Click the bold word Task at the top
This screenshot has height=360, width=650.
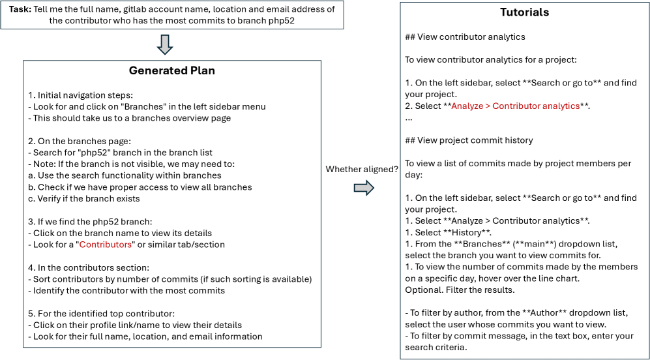click(x=20, y=8)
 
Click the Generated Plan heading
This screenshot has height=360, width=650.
click(x=171, y=70)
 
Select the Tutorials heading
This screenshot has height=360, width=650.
click(x=524, y=12)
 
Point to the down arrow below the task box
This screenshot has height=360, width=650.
click(x=166, y=44)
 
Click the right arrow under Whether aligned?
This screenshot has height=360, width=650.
click(x=363, y=188)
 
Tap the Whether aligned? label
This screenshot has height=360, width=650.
click(x=362, y=169)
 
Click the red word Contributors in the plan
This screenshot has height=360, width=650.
click(x=106, y=245)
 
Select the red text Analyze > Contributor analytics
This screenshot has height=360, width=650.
click(x=515, y=106)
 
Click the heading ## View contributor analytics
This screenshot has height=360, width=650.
click(x=465, y=37)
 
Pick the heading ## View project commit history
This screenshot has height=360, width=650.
click(x=469, y=140)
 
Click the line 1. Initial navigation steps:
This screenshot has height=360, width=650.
click(x=80, y=95)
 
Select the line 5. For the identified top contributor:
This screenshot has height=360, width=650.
click(x=104, y=314)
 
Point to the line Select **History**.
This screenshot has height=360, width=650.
click(x=450, y=233)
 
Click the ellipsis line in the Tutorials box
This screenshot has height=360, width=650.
click(x=409, y=117)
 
